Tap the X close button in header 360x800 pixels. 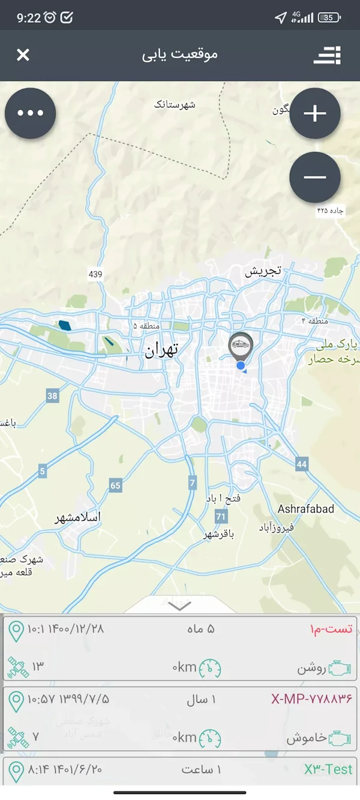23,55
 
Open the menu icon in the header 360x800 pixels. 327,55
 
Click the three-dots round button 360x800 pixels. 31,113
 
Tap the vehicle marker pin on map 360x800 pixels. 241,346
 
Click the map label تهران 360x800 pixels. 161,351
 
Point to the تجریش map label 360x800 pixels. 263,271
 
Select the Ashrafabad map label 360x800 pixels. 306,509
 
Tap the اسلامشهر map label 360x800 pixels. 78,517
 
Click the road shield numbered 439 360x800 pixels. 95,274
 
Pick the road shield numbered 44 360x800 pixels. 301,464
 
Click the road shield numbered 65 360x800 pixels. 115,486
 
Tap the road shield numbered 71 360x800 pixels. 221,516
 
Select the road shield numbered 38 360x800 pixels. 53,395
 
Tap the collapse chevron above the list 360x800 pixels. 180,606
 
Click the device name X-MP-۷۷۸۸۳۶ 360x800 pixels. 311,699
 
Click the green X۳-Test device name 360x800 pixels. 328,769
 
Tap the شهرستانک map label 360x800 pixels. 175,105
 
